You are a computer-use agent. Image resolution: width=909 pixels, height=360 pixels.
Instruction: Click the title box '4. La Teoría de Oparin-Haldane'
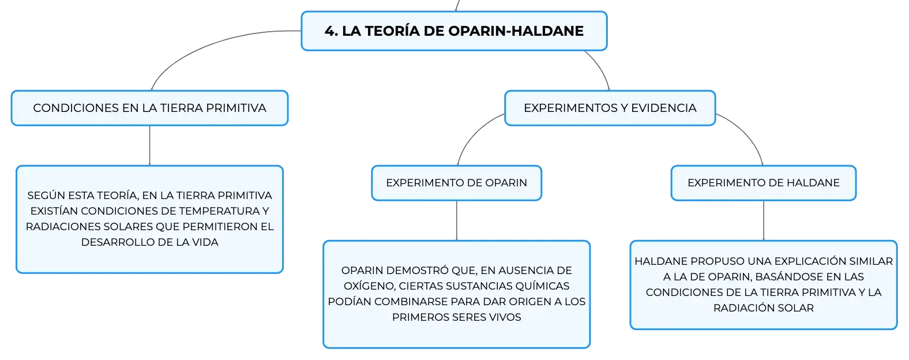point(454,31)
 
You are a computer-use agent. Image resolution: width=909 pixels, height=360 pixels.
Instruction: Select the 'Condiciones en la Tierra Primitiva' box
point(150,108)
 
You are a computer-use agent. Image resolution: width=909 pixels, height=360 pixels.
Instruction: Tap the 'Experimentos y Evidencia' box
point(610,108)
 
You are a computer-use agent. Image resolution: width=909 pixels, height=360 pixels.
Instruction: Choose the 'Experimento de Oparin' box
point(457,183)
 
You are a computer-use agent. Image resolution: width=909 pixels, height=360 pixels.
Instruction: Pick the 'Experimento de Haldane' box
point(763,183)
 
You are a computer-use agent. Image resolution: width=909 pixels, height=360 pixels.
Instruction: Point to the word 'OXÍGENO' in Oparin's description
point(369,286)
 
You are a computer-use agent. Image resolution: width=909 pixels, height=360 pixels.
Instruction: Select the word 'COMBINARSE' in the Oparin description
point(411,302)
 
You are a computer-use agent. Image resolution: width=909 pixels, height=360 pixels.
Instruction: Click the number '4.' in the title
point(331,31)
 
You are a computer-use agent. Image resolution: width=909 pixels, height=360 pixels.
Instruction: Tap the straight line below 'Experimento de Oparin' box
point(457,220)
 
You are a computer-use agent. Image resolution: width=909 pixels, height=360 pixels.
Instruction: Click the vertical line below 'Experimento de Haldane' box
point(763,220)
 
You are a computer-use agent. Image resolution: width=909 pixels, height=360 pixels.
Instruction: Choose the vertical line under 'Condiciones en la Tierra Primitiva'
point(150,145)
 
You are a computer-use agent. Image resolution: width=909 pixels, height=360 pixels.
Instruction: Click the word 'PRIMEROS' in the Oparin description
point(418,317)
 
